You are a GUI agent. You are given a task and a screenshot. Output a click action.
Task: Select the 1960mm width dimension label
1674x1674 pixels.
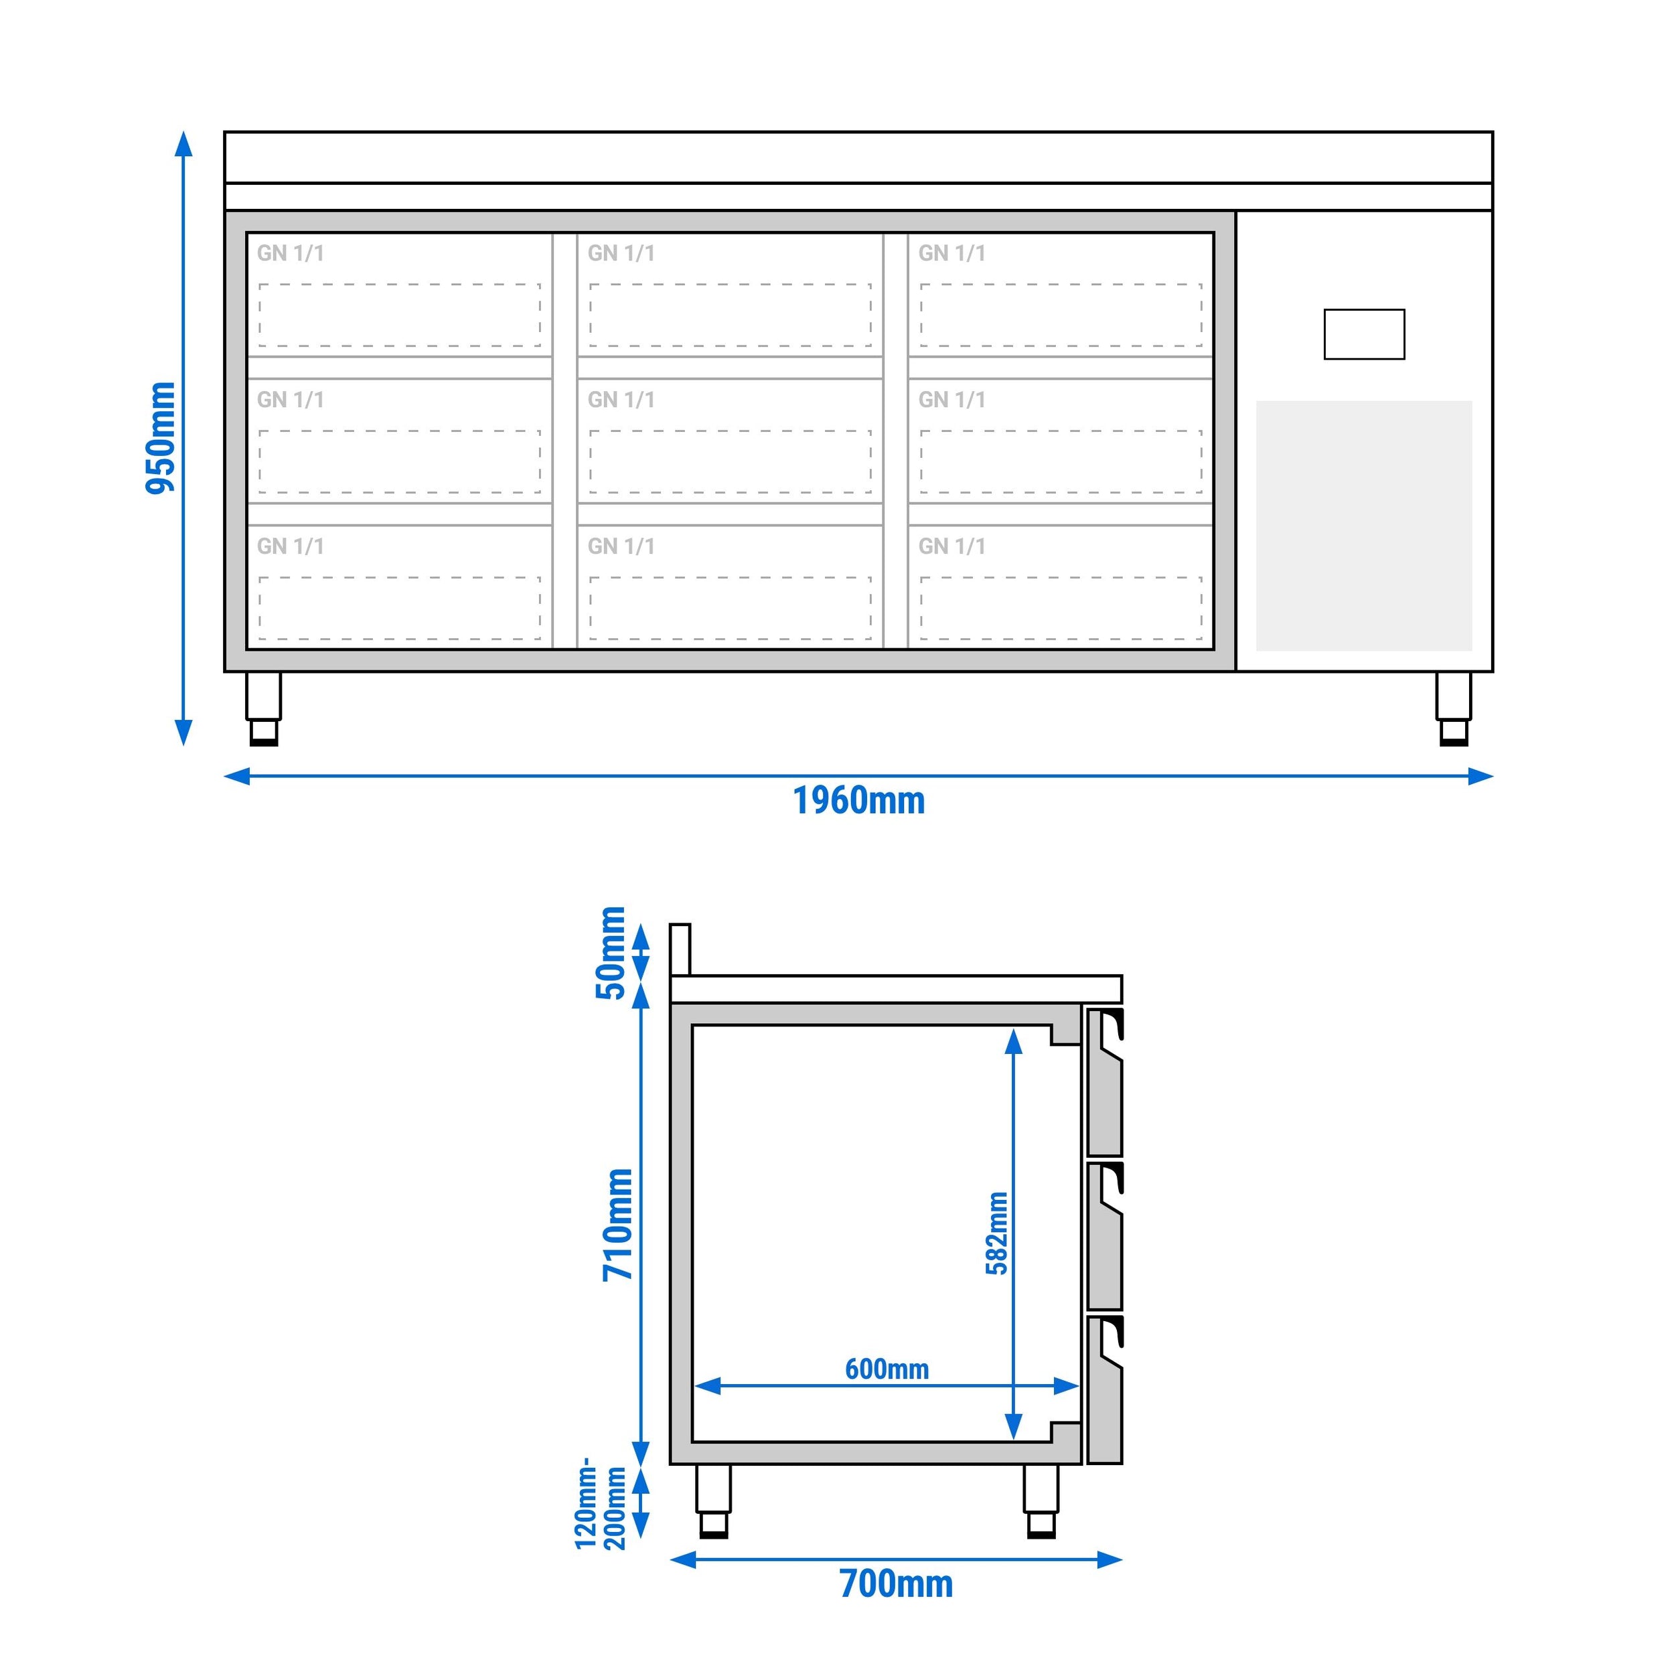point(858,801)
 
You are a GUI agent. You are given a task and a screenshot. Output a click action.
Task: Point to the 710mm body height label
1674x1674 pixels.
point(619,1224)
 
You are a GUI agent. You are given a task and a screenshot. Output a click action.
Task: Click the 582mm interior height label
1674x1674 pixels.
point(997,1233)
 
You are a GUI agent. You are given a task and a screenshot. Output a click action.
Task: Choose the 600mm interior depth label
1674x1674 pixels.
point(887,1369)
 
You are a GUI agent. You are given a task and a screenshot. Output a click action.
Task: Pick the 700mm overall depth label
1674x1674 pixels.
point(896,1584)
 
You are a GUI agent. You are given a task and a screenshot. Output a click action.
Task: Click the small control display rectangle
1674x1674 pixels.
point(1364,334)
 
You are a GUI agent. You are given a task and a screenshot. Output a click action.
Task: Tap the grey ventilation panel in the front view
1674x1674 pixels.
point(1364,525)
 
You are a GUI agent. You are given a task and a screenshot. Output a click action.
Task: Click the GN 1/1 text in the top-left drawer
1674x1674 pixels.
point(290,253)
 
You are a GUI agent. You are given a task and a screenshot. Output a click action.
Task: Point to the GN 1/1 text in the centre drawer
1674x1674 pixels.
point(621,400)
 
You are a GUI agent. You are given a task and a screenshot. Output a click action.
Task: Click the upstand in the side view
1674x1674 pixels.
point(680,949)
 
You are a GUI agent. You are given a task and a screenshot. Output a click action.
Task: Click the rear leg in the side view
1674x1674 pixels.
point(713,1501)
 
